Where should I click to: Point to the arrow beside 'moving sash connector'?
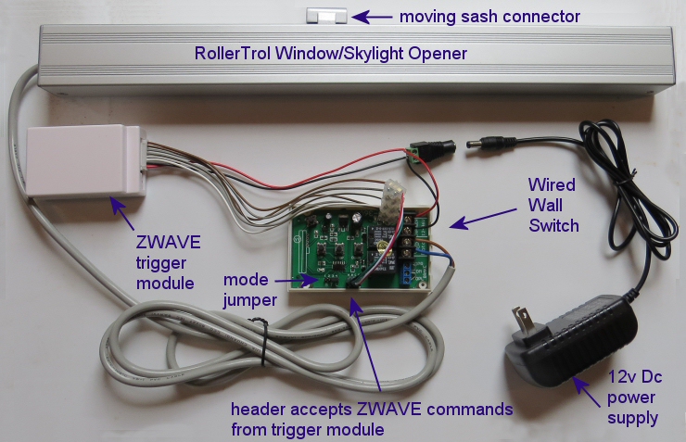tap(372, 16)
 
